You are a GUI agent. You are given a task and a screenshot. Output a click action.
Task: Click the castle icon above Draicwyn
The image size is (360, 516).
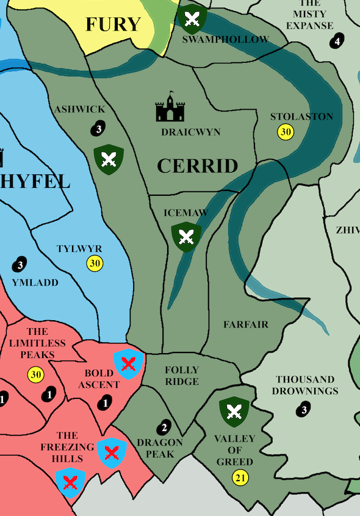coord(170,108)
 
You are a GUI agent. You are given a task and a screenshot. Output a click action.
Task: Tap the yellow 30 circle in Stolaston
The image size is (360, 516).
coord(285,131)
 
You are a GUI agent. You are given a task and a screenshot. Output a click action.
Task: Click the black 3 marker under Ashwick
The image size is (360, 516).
coord(98,127)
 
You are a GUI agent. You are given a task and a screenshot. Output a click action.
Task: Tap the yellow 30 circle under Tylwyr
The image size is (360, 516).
coord(95,263)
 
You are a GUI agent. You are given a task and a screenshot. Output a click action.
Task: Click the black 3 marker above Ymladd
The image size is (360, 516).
coord(20,265)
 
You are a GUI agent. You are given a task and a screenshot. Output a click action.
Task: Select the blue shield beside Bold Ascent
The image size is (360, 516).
coord(128,365)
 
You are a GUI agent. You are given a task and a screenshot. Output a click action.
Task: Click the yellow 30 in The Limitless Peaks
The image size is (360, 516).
coord(35,374)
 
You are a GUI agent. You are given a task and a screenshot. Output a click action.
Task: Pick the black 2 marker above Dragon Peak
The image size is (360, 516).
coord(163,427)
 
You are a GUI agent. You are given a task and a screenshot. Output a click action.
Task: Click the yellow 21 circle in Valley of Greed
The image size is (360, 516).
coord(240,478)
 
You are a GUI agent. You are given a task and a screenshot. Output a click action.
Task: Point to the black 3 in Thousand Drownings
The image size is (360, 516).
coord(304,410)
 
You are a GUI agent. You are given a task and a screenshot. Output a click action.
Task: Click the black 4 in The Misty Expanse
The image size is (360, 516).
coord(337,41)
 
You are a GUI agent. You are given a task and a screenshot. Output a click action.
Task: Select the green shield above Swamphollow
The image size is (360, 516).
coord(192,18)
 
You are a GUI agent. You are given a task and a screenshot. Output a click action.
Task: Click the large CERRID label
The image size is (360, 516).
coord(197,166)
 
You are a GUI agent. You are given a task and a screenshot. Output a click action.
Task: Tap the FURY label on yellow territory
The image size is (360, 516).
coord(113,24)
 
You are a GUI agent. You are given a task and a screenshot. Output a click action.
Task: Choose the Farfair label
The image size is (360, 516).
coord(246,324)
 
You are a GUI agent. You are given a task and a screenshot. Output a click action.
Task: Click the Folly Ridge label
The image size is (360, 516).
coord(182,376)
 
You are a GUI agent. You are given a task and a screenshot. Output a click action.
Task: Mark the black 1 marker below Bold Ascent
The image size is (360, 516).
coord(105,403)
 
